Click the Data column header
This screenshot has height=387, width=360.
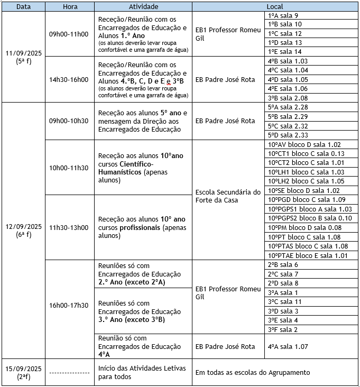point(23,6)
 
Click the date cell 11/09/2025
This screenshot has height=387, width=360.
point(23,57)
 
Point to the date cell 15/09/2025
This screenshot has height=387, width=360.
point(23,372)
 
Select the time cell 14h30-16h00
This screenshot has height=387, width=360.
point(69,79)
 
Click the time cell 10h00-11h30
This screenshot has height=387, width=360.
point(69,168)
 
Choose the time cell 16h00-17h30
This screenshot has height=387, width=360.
point(69,305)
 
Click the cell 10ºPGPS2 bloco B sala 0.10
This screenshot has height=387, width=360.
point(310,218)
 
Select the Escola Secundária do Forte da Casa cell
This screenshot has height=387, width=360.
point(228,196)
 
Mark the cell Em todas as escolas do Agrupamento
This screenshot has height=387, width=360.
point(253,372)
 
